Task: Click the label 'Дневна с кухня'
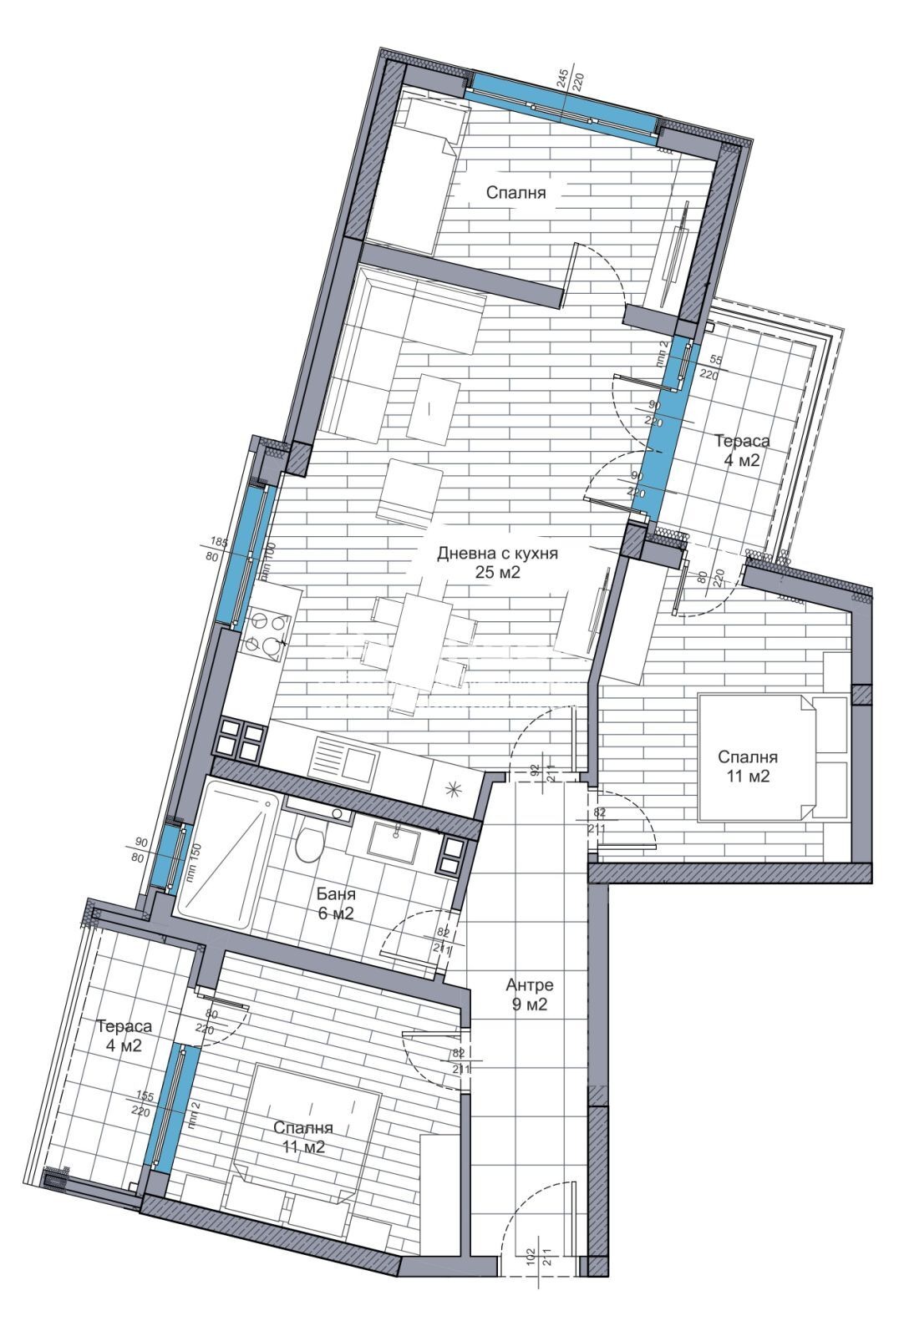[x=497, y=553]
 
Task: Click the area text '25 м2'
[x=497, y=573]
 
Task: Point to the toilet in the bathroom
[x=308, y=843]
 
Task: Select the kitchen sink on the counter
[x=343, y=759]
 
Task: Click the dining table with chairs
[x=416, y=639]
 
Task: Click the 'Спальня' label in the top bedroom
[x=516, y=193]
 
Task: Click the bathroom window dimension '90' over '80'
[x=140, y=843]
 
